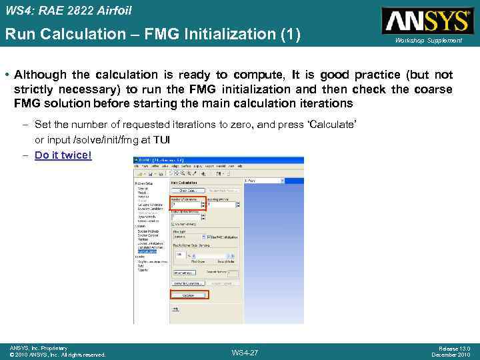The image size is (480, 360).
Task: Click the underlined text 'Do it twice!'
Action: (63, 155)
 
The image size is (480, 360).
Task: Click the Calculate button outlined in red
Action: (189, 295)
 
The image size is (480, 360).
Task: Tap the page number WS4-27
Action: (245, 352)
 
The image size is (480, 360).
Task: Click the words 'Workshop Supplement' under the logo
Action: (428, 41)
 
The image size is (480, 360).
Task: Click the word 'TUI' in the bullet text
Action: (163, 139)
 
